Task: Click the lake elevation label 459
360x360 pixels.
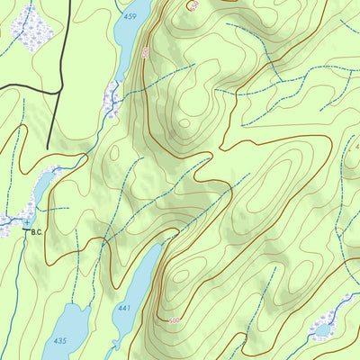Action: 130,16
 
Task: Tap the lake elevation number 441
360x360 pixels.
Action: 123,309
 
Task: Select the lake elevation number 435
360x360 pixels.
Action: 59,340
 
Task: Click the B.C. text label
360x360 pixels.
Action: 37,232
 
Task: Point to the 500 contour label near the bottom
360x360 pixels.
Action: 174,319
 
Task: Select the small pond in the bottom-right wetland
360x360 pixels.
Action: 322,330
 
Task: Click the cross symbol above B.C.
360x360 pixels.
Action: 26,220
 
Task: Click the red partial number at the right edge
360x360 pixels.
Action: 356,144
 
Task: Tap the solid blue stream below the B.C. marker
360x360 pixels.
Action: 13,297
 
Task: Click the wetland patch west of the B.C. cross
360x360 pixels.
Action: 9,220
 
